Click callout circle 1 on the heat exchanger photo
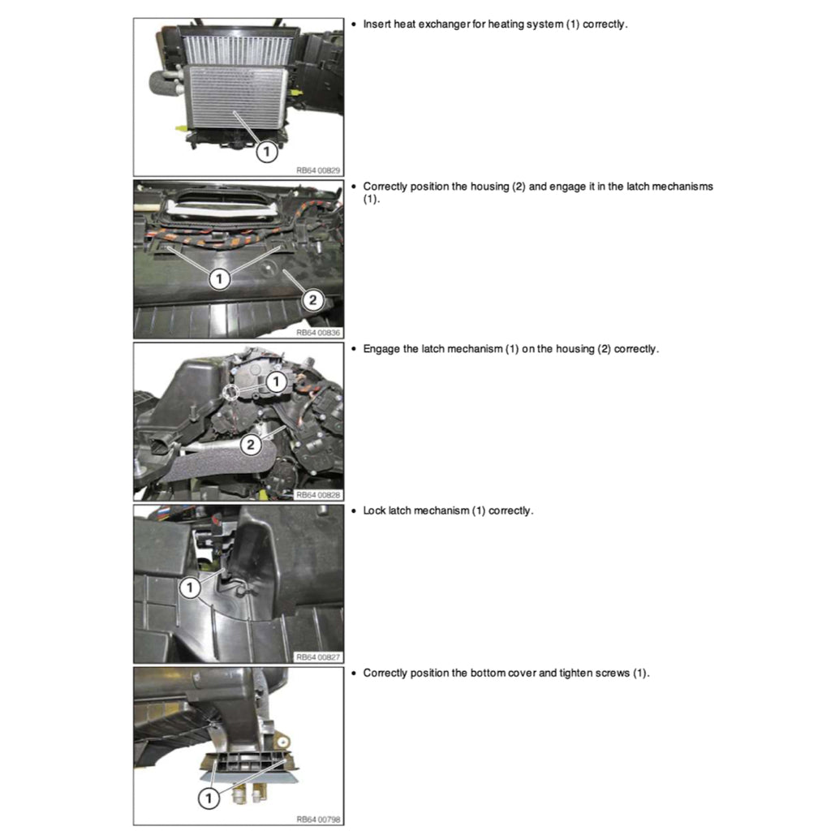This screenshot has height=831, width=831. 268,151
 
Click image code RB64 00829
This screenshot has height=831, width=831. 318,170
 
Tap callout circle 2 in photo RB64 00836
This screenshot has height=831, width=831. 312,300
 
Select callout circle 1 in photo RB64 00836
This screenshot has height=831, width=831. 219,278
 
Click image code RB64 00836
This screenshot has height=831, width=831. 318,332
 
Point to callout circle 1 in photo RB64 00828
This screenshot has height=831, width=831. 277,381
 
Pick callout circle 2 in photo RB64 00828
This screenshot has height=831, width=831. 252,444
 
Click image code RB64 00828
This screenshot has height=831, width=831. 318,494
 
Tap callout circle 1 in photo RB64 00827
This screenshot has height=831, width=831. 188,587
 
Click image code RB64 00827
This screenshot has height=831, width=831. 318,657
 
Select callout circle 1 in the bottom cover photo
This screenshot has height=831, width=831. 209,799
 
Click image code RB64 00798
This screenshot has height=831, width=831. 318,819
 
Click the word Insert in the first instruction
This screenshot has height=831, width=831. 377,24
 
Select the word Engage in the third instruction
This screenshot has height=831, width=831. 381,349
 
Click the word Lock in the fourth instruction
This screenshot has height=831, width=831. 374,511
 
